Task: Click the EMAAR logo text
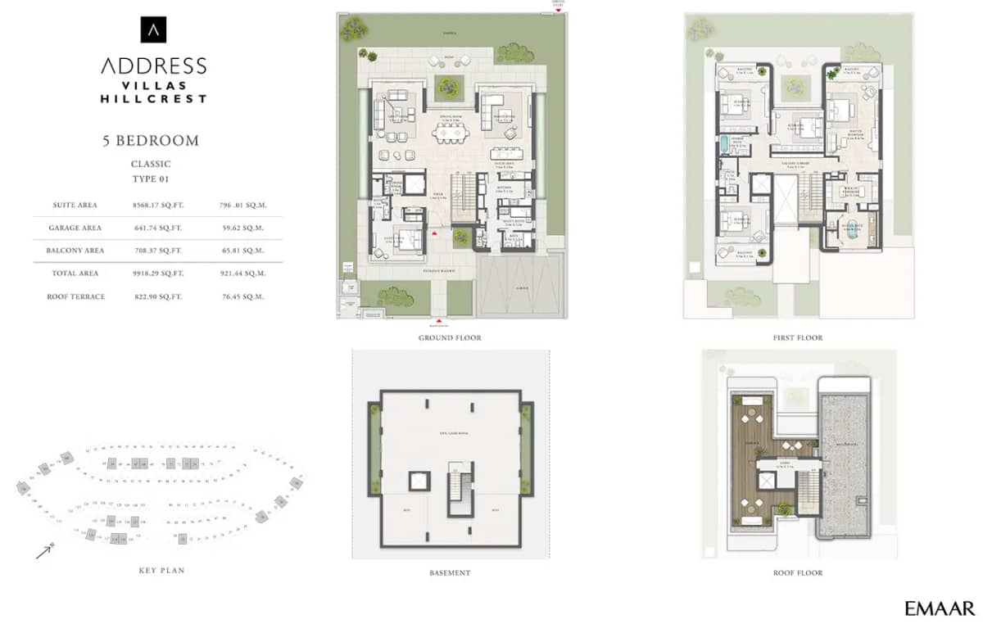(940, 608)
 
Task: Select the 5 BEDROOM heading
(151, 140)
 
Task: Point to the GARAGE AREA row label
(75, 228)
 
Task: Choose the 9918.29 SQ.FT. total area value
(158, 274)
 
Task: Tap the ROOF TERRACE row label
(75, 296)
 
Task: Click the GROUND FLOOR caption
(450, 337)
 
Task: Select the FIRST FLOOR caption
(797, 337)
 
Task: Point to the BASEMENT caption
(450, 573)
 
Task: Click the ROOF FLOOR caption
(797, 573)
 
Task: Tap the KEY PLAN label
(161, 570)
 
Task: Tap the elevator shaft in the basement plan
(419, 481)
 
